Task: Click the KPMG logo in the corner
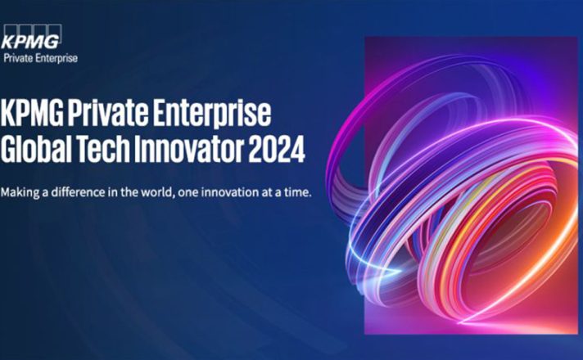tap(31, 37)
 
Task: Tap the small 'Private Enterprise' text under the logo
tap(40, 58)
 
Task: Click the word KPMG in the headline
tap(32, 113)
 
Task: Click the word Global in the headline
tap(36, 149)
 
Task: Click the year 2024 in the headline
tap(276, 150)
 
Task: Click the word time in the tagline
tap(296, 192)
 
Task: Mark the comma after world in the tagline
tap(174, 196)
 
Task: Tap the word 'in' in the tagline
tap(112, 192)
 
